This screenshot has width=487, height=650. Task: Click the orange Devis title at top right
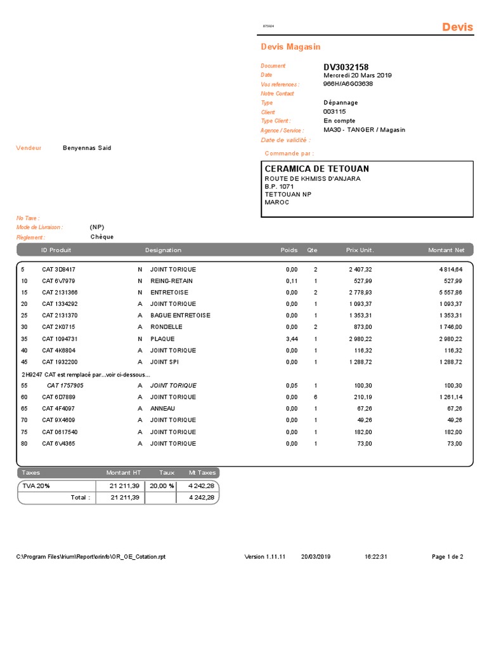coord(457,27)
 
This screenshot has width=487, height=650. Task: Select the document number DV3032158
coord(346,67)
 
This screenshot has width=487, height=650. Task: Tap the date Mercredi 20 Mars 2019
coord(358,76)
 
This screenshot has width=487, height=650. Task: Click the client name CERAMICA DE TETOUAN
coord(316,169)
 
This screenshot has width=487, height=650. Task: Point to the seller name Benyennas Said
coord(87,148)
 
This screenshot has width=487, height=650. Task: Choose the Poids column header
coord(289,250)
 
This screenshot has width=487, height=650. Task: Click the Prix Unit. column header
coord(360,250)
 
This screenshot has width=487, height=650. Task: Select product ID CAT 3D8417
coord(59,269)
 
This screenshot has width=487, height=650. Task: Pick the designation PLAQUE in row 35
coord(162,339)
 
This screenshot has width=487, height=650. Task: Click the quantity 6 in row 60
coord(315,397)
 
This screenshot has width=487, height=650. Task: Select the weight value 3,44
coord(292,339)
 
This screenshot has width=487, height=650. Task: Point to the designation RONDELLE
coord(166,327)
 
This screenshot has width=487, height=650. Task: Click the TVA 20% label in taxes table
coord(36,486)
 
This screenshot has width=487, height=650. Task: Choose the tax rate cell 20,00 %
coord(162,486)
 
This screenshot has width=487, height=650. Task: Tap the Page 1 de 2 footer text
coord(447,557)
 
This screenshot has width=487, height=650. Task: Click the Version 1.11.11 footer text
coord(265,557)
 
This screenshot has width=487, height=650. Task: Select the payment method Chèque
coord(102,237)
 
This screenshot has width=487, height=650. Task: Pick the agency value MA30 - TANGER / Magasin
coord(364,129)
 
